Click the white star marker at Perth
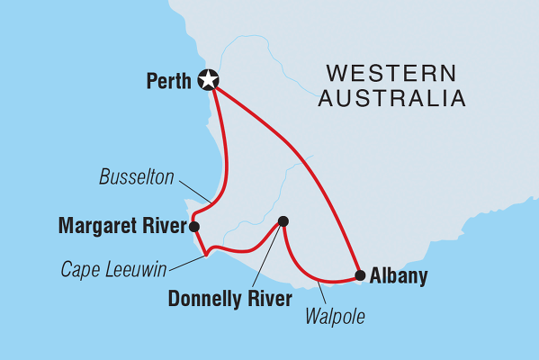pos(209,80)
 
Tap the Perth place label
pos(168,81)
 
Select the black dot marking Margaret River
pos(194,226)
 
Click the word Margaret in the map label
pos(95,226)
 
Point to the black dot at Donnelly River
pos(283,220)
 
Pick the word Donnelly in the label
pos(206,299)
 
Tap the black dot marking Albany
pos(360,275)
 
